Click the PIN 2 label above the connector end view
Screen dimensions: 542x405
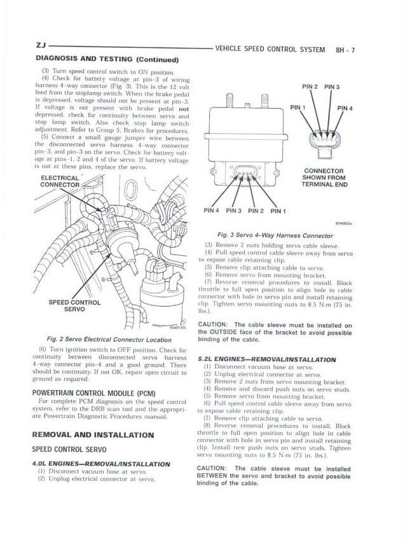coord(310,87)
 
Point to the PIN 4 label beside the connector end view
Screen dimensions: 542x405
coord(345,108)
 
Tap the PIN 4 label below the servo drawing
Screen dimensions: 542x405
coord(212,211)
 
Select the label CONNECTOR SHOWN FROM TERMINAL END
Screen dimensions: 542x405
coord(324,177)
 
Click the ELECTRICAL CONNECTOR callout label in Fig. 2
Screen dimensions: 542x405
coord(59,181)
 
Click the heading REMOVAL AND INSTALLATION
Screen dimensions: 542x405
coord(93,435)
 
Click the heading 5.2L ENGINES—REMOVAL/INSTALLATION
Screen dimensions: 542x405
coord(267,359)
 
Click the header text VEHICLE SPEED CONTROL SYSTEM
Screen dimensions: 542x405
coord(270,50)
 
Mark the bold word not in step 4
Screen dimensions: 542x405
coord(184,109)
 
